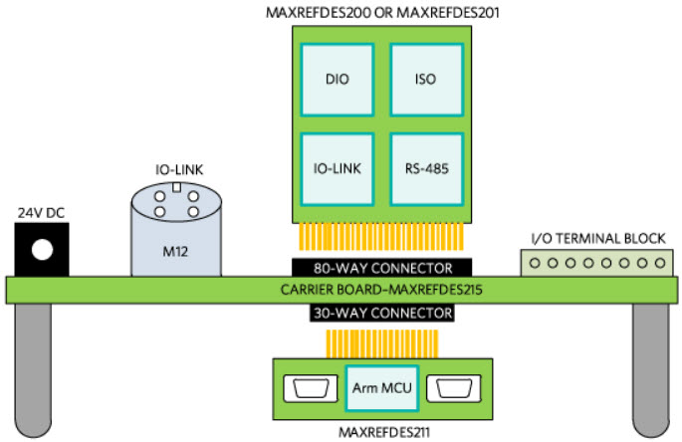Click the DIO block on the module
click(337, 79)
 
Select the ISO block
click(425, 79)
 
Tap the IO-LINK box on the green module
click(337, 167)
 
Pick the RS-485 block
click(425, 167)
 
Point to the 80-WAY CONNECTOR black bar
click(374, 268)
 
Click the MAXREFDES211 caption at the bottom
click(382, 432)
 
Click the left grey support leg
click(35, 368)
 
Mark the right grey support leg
click(652, 368)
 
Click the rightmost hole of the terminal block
click(657, 264)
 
